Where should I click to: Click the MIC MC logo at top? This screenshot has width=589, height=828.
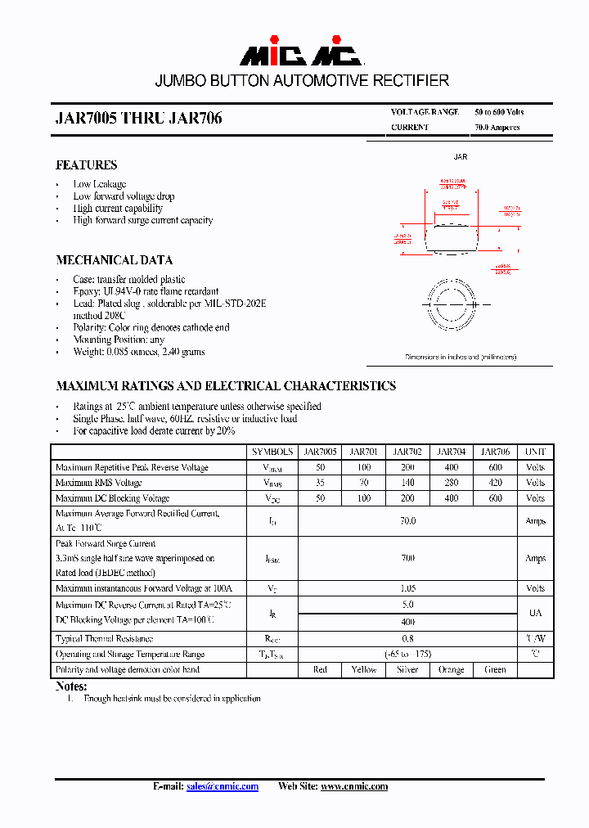click(x=300, y=53)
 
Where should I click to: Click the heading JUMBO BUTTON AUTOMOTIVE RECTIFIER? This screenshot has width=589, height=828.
click(x=302, y=81)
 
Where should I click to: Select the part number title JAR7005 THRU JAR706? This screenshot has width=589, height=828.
click(x=139, y=119)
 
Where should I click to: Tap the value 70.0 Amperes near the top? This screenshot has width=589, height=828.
click(x=497, y=128)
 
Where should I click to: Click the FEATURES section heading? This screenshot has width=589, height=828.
click(x=86, y=165)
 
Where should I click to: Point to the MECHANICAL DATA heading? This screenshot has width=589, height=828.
click(x=114, y=260)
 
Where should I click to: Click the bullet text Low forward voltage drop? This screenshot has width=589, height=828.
click(x=124, y=196)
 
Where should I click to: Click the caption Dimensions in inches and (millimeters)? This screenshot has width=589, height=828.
click(x=461, y=358)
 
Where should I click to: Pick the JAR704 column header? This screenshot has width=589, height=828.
click(x=451, y=452)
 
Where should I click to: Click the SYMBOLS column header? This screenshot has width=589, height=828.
click(x=272, y=452)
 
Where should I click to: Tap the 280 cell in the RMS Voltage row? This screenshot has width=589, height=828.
click(x=451, y=483)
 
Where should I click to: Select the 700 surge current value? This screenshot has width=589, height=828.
click(x=407, y=558)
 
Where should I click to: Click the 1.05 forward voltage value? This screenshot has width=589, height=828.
click(x=407, y=588)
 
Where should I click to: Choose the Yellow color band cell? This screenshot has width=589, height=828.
click(x=363, y=669)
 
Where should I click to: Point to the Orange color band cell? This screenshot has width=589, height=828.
click(x=451, y=669)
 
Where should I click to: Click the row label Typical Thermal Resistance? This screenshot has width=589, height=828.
click(x=104, y=638)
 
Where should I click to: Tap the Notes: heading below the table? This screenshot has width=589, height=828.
click(x=71, y=686)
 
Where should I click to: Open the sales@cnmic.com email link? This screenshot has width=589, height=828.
click(x=222, y=786)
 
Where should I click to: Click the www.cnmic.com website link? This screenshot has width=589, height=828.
click(x=353, y=786)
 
